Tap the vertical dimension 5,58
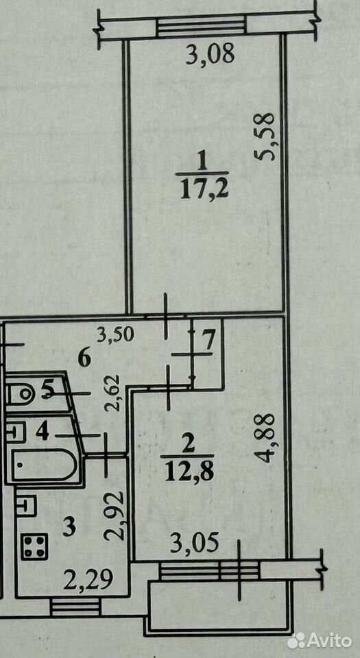tap(265, 136)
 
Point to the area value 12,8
tap(189, 473)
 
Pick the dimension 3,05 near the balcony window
tap(194, 544)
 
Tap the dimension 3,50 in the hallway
tap(115, 335)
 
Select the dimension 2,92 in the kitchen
tap(115, 515)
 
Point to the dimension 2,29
tap(88, 581)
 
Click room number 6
tap(84, 359)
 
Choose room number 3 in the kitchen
tap(69, 527)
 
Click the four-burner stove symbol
tap(35, 546)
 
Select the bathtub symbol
tap(44, 465)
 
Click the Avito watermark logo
tap(320, 640)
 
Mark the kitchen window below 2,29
tap(75, 607)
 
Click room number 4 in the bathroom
tap(42, 432)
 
